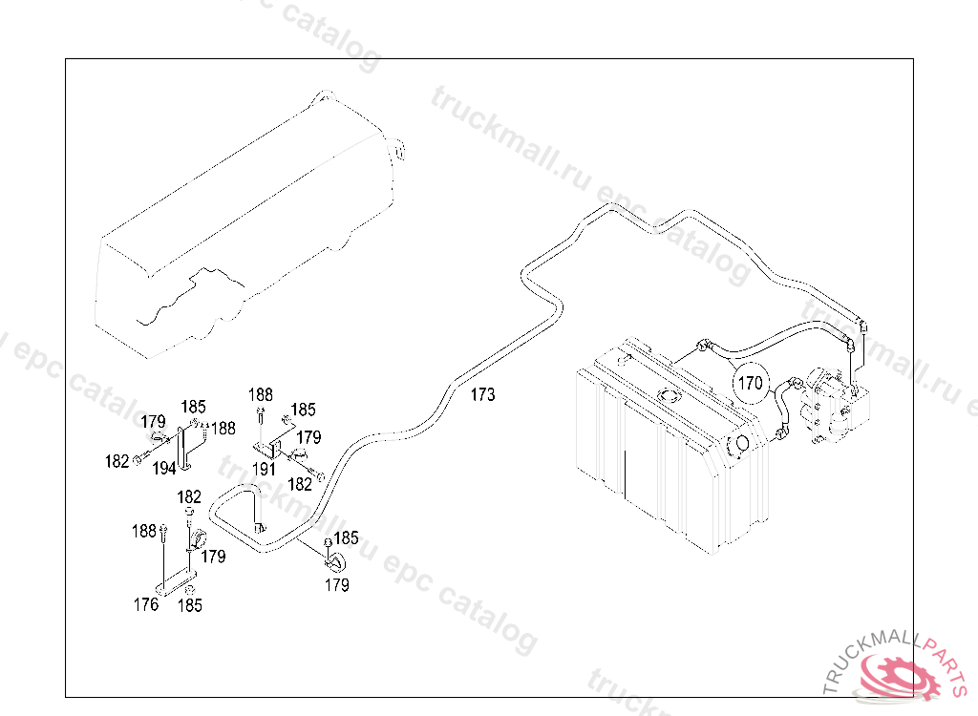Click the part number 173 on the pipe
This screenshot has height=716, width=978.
click(x=483, y=395)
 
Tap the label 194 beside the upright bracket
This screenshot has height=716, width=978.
click(x=163, y=468)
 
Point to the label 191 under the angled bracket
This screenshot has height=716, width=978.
click(x=264, y=469)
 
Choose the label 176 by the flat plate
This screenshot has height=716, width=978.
click(x=146, y=603)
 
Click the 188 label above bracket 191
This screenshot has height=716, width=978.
click(x=260, y=394)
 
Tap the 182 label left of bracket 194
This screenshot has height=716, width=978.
click(x=117, y=461)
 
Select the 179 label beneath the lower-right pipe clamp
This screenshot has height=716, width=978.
click(x=336, y=585)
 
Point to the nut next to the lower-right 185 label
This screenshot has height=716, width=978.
click(x=328, y=543)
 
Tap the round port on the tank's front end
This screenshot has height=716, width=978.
click(x=738, y=445)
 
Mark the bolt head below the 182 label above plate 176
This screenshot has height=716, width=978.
click(x=190, y=514)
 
